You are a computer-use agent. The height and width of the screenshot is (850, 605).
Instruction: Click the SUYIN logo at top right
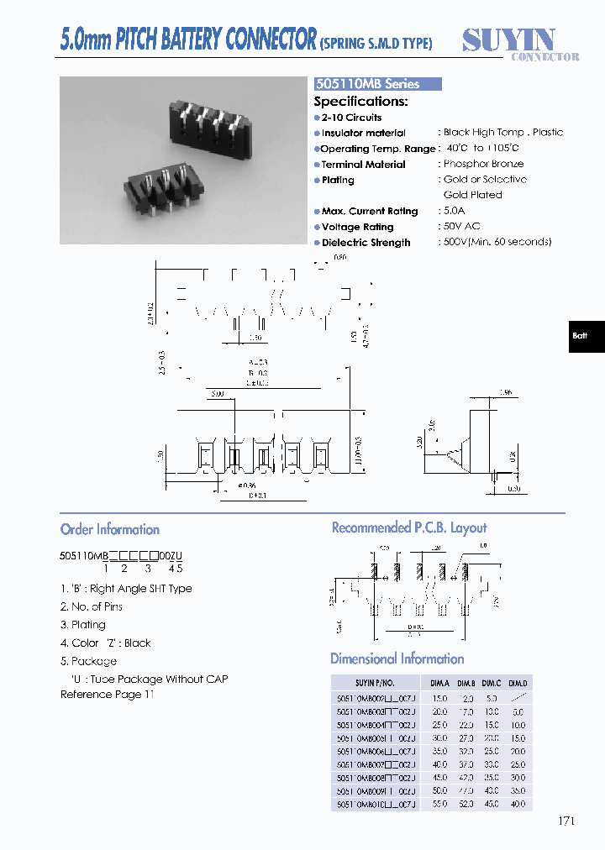pyautogui.click(x=510, y=43)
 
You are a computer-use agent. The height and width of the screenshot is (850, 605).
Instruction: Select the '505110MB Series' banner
pyautogui.click(x=377, y=84)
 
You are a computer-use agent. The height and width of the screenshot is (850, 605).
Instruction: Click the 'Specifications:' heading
pyautogui.click(x=360, y=101)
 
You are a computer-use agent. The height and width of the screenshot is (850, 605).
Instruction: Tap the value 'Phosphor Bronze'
pyautogui.click(x=483, y=164)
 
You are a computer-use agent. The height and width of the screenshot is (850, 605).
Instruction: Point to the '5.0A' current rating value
pyautogui.click(x=455, y=211)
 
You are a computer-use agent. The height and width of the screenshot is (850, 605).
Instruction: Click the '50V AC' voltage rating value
pyautogui.click(x=461, y=227)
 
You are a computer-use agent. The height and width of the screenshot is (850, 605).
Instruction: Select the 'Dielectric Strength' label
pyautogui.click(x=366, y=243)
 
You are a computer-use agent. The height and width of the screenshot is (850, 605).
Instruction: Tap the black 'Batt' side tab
pyautogui.click(x=581, y=336)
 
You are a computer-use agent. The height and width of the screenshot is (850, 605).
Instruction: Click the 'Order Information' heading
pyautogui.click(x=110, y=529)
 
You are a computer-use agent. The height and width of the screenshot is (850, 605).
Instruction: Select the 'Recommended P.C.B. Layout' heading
pyautogui.click(x=409, y=527)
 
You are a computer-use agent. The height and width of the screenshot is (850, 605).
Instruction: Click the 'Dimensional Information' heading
pyautogui.click(x=397, y=658)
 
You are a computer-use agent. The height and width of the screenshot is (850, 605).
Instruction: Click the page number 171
pyautogui.click(x=566, y=821)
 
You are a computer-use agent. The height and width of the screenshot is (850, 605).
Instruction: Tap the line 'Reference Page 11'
pyautogui.click(x=108, y=695)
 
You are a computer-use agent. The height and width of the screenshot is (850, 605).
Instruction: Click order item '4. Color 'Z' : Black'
pyautogui.click(x=106, y=643)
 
